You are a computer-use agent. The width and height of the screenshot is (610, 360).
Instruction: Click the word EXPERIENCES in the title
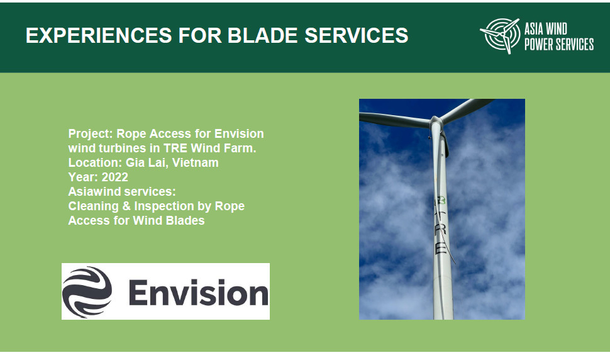99,35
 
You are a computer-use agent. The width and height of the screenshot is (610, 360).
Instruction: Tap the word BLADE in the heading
262,35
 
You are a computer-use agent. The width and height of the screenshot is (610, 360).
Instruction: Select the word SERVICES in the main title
357,35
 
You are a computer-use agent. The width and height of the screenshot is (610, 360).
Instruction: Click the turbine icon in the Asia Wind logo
501,35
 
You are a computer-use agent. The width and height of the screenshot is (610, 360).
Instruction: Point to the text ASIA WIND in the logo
545,29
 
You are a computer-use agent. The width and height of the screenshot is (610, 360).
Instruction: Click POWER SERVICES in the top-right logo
558,44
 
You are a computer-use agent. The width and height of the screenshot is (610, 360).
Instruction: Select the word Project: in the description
91,134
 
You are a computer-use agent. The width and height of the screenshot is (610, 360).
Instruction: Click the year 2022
114,177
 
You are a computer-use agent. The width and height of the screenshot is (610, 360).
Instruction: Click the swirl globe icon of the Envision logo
87,291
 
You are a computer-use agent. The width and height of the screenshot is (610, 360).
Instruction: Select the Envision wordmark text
198,293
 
